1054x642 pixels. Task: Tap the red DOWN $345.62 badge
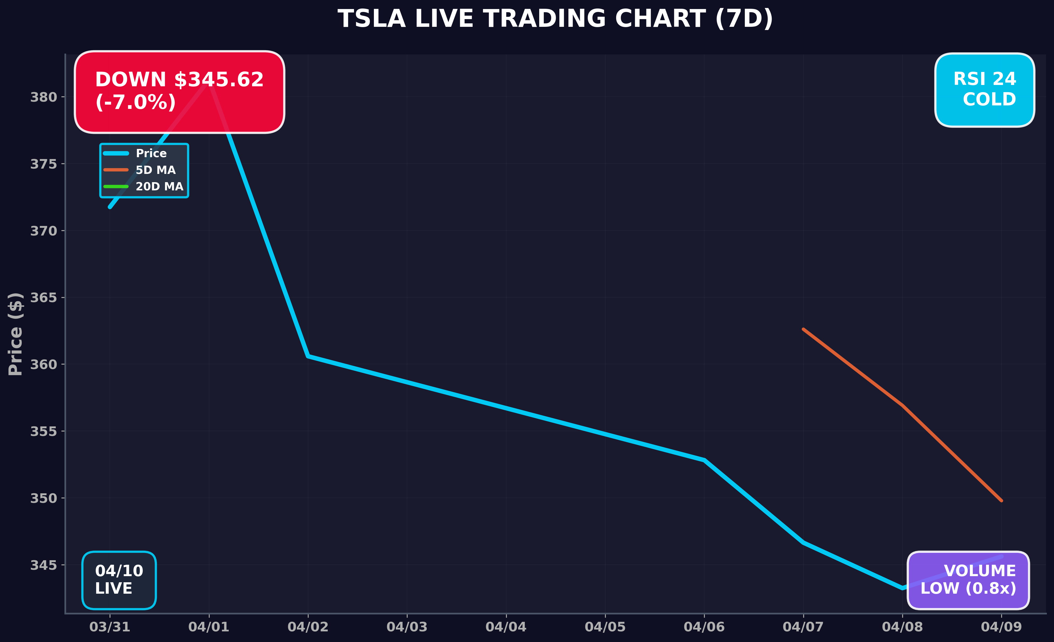pos(179,92)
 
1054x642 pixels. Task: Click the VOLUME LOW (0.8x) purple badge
pos(968,580)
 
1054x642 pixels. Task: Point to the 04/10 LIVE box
pos(119,580)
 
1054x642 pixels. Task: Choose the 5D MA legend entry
pos(155,170)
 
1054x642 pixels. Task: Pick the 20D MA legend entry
pos(159,187)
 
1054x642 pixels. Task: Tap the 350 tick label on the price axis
pos(43,498)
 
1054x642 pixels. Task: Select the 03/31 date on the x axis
pos(110,627)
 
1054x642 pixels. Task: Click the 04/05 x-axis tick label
pos(605,627)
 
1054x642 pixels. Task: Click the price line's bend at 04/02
pos(308,356)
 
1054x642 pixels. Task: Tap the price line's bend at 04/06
pos(704,460)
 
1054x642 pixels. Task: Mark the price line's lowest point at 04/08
pos(902,588)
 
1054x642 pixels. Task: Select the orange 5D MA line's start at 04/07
pos(803,329)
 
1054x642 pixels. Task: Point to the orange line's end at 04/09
pos(1001,500)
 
